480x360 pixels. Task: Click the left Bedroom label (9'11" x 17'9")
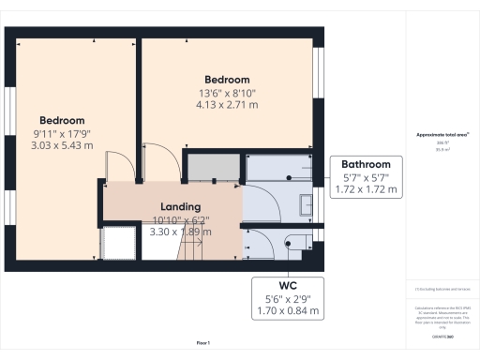tap(62, 120)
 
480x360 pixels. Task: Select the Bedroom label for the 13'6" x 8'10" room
tap(228, 80)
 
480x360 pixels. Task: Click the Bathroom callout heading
tap(366, 161)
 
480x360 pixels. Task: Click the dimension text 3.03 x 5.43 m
tap(62, 146)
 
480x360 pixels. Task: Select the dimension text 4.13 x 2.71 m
tap(228, 106)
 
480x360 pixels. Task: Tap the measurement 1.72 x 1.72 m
tap(366, 189)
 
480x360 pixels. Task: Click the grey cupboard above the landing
tap(212, 167)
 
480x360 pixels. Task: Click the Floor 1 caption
tap(203, 343)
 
